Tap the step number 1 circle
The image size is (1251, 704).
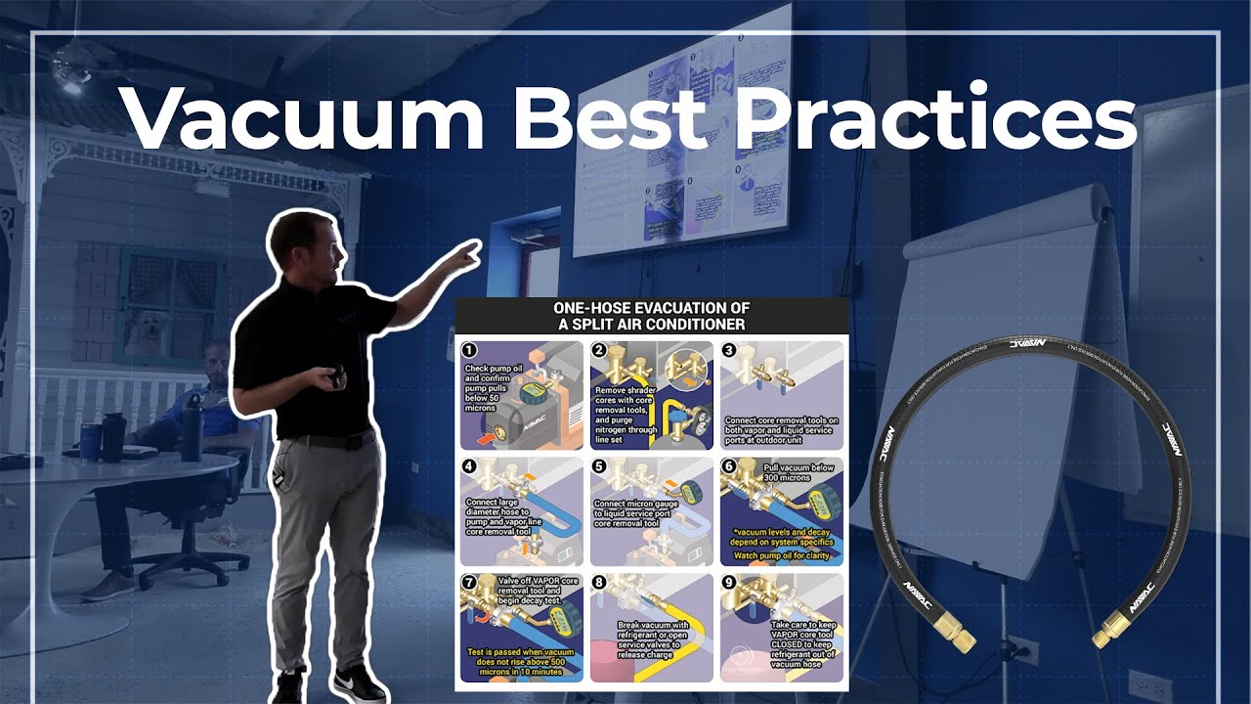[x=469, y=350]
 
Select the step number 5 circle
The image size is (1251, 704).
[x=600, y=465]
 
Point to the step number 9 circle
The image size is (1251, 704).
[x=729, y=583]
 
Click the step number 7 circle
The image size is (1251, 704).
[x=469, y=583]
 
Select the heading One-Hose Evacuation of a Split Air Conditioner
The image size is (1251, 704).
[x=651, y=315]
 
